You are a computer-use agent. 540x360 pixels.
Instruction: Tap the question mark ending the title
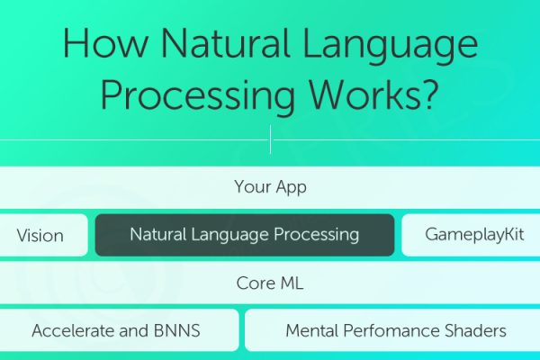432,94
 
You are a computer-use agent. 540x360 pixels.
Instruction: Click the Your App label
270,187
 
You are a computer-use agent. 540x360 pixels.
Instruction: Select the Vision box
40,236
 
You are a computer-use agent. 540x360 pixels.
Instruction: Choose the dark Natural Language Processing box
244,235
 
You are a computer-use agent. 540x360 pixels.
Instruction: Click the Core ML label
270,283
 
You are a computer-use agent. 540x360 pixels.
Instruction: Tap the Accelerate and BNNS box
116,330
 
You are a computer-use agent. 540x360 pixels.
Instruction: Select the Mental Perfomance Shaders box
395,330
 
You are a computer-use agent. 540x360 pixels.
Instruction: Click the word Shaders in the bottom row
473,330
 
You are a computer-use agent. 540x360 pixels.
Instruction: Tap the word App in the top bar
291,188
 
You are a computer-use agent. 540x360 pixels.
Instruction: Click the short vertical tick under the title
270,139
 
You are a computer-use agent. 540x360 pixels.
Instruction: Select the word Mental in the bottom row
310,330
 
